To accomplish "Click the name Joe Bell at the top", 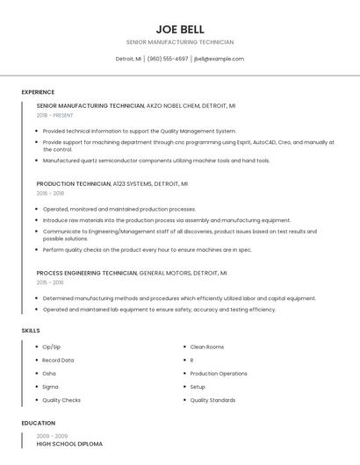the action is coord(179,29).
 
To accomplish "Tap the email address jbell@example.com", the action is coord(219,59).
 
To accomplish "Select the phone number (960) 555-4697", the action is coord(168,59).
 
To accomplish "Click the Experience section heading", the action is coord(38,92).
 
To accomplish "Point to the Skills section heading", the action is coord(31,330).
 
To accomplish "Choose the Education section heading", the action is coord(38,423).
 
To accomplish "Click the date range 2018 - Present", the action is coord(55,115).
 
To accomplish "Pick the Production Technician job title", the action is coord(74,184).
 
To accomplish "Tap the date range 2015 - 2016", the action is coord(50,283).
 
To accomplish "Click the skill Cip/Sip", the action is coord(52,347).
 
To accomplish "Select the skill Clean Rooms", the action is coord(207,347).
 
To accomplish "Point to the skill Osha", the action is coord(49,374).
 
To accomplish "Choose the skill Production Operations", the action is coord(219,374).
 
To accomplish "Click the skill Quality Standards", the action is coord(212,400).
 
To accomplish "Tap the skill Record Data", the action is coord(58,361).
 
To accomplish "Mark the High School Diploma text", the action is coord(69,444).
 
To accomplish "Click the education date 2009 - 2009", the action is coord(52,435).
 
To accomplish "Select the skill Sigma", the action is coord(50,387).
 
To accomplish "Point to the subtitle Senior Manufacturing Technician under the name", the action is coord(180,42).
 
